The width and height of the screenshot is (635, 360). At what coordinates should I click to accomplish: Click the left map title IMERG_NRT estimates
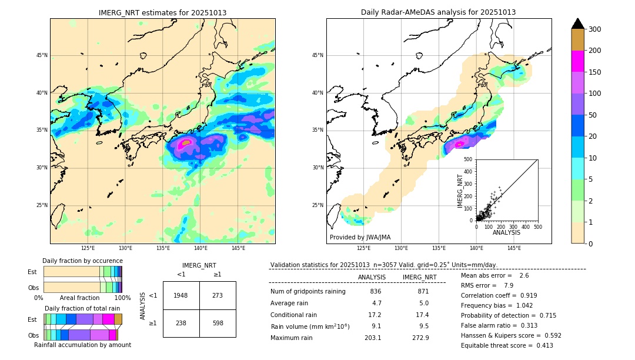[x=162, y=12]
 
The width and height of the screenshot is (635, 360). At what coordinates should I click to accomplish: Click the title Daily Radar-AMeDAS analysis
[x=438, y=12]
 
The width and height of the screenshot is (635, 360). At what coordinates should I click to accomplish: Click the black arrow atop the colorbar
[x=578, y=24]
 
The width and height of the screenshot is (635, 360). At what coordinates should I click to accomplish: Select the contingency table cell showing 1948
[x=181, y=295]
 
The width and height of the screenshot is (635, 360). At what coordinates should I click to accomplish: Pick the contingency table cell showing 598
[x=218, y=323]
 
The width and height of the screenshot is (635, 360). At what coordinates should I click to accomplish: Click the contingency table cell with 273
[x=218, y=295]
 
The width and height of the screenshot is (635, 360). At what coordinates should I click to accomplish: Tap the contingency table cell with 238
[x=181, y=323]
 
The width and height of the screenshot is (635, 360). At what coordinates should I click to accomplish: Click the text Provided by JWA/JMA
[x=360, y=238]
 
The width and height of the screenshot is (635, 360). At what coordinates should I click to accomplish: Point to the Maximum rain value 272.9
[x=420, y=338]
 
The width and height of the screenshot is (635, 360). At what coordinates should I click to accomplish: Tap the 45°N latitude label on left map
[x=42, y=55]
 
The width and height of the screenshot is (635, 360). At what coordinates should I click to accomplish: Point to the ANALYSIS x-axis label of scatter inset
[x=506, y=232]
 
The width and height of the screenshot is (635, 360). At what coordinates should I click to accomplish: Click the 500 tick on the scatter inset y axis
[x=468, y=159]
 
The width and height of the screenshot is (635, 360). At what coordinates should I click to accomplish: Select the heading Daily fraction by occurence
[x=82, y=261]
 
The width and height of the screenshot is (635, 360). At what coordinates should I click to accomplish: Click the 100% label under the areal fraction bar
[x=122, y=298]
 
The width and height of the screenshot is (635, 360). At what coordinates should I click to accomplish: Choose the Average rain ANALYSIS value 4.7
[x=376, y=304]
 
